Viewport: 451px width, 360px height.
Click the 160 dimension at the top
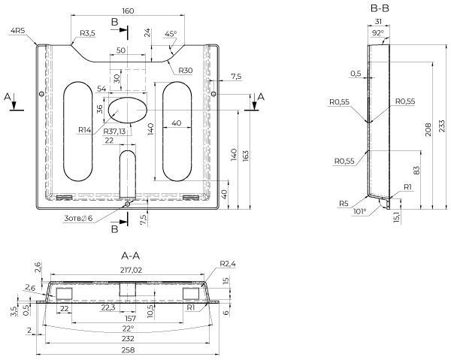(x=128, y=11)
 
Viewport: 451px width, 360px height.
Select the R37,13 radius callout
(x=114, y=132)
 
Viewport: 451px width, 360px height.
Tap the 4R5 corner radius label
(x=18, y=31)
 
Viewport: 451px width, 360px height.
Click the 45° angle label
(x=171, y=34)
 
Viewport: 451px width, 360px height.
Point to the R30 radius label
(x=186, y=71)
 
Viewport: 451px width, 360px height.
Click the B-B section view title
(x=380, y=8)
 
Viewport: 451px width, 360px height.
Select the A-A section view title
(x=131, y=256)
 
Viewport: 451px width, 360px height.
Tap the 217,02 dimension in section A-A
(x=131, y=270)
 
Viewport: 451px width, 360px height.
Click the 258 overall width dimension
(x=128, y=350)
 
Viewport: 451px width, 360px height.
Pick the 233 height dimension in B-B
(x=443, y=126)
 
